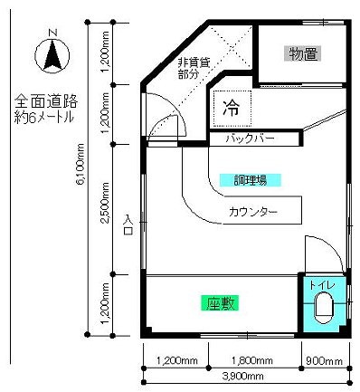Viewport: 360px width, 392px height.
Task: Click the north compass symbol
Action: pyautogui.click(x=52, y=55)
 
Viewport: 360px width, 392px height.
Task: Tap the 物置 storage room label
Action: pyautogui.click(x=303, y=54)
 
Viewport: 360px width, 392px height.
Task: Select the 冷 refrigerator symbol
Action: pyautogui.click(x=232, y=108)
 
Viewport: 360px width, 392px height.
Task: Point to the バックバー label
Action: pyautogui.click(x=251, y=139)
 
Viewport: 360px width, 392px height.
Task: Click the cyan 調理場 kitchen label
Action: pyautogui.click(x=251, y=180)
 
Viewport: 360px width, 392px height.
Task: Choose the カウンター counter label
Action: pyautogui.click(x=253, y=212)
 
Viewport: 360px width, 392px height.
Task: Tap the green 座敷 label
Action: pyautogui.click(x=220, y=303)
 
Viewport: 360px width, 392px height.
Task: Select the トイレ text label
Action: pyautogui.click(x=322, y=285)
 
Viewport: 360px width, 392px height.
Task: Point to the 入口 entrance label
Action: pyautogui.click(x=128, y=225)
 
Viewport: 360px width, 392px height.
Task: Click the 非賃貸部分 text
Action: pyautogui.click(x=194, y=68)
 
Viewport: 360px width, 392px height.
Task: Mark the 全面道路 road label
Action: pyautogui.click(x=46, y=101)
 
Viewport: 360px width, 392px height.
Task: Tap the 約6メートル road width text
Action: pyautogui.click(x=44, y=117)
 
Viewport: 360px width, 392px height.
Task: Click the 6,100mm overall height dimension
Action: pyautogui.click(x=81, y=164)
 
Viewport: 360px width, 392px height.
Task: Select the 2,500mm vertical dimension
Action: pyautogui.click(x=105, y=203)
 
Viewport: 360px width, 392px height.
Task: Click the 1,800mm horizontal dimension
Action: pyautogui.click(x=252, y=360)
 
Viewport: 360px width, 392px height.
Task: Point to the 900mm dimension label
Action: pyautogui.click(x=324, y=360)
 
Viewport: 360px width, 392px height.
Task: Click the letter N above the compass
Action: pyautogui.click(x=53, y=33)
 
